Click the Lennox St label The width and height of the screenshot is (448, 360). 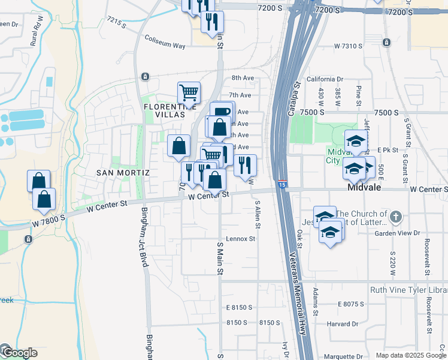coord(241,238)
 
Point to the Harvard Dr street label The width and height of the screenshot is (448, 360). coord(343,325)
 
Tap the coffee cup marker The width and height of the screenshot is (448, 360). coord(222,112)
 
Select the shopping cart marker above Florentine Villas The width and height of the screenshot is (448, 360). coord(189,93)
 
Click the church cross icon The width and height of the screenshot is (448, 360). coord(395,215)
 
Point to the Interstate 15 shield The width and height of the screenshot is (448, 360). coord(281,185)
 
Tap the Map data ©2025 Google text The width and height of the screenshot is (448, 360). coord(410,355)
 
